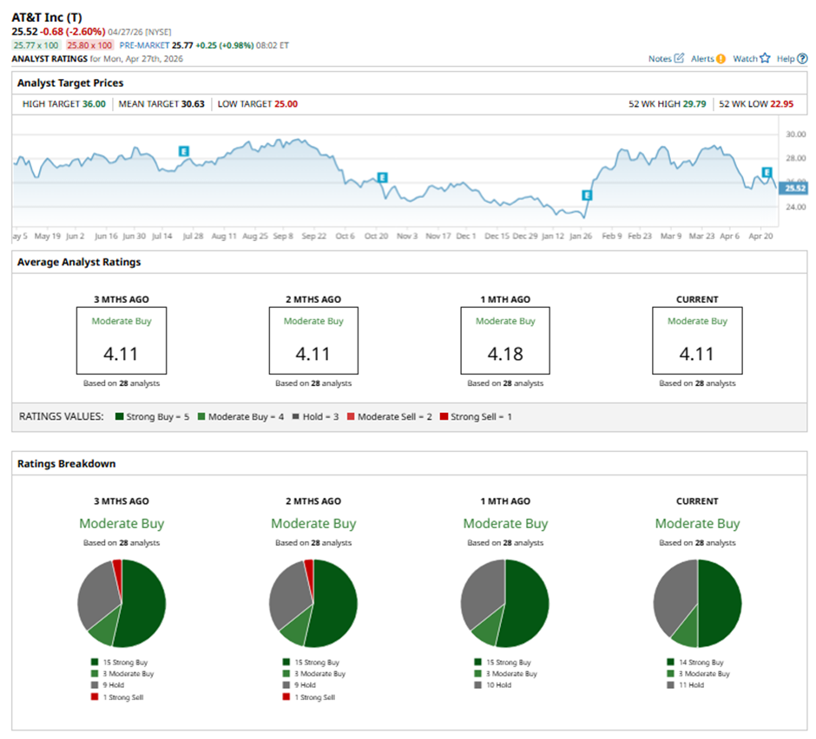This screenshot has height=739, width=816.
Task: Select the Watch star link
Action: point(751,59)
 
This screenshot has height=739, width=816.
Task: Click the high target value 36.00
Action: point(94,104)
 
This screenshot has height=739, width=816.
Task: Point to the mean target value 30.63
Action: point(193,104)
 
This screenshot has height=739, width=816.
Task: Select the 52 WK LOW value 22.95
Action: point(780,104)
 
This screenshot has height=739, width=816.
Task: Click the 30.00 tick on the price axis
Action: point(795,134)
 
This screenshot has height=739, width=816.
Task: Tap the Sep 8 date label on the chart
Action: point(284,236)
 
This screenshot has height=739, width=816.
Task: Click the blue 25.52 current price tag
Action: point(794,187)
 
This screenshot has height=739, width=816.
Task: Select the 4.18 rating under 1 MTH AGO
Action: point(505,354)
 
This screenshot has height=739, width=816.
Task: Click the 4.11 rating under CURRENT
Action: point(697,354)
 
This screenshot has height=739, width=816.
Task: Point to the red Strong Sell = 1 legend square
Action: point(444,417)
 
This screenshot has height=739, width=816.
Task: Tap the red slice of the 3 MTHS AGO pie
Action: point(117,567)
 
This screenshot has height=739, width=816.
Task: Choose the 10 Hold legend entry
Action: point(499,685)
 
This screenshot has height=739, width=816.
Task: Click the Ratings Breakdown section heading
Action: point(54,464)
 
